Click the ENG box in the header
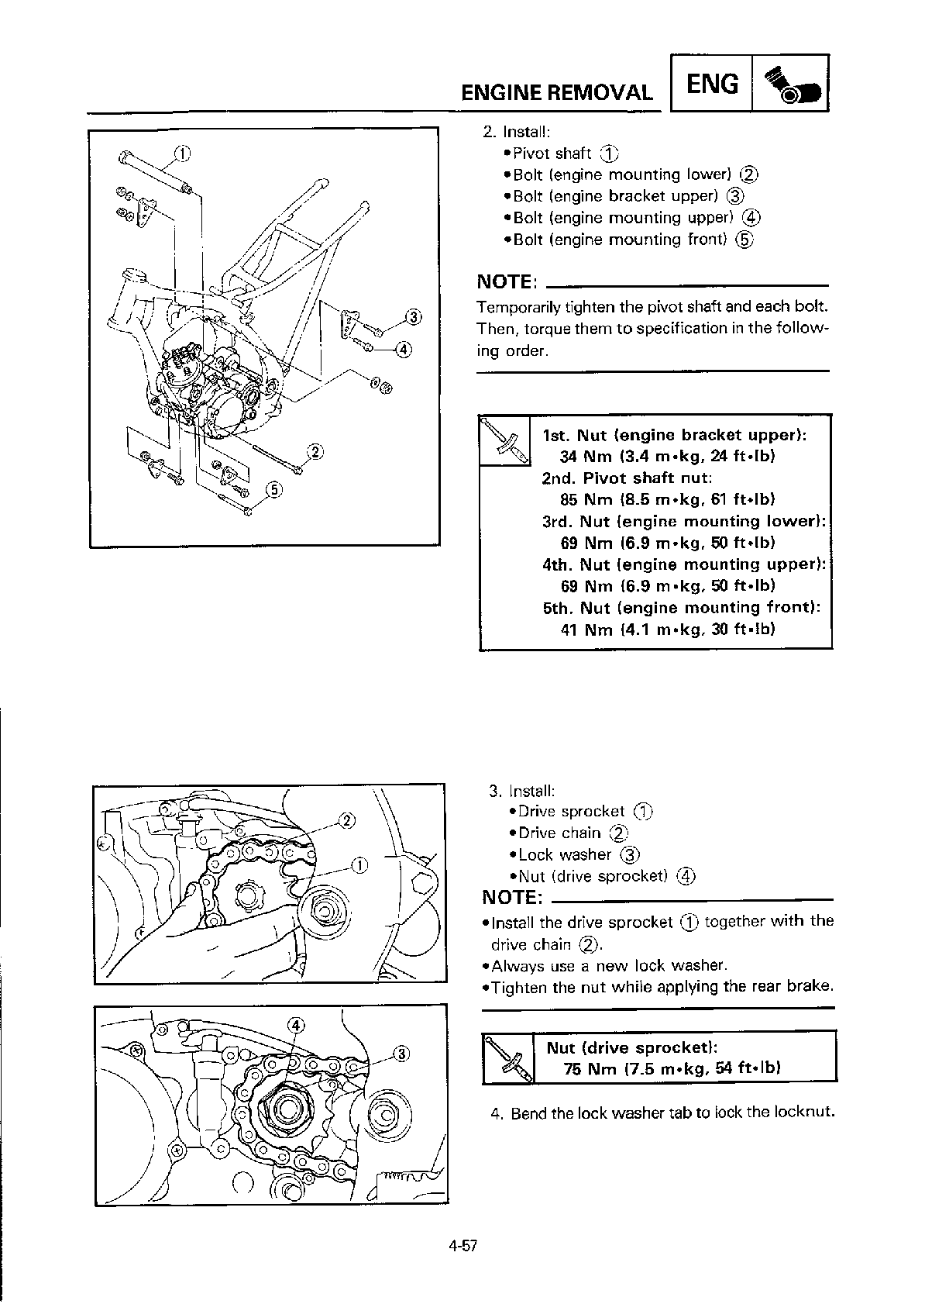click(712, 83)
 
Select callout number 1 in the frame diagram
click(182, 153)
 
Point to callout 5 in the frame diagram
click(273, 489)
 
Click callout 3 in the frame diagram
click(414, 316)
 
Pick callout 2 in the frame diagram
click(315, 452)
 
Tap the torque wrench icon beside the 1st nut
click(504, 440)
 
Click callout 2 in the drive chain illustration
click(347, 820)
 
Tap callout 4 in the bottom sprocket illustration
click(296, 1025)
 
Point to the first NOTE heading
click(508, 281)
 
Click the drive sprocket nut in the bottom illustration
click(284, 1110)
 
